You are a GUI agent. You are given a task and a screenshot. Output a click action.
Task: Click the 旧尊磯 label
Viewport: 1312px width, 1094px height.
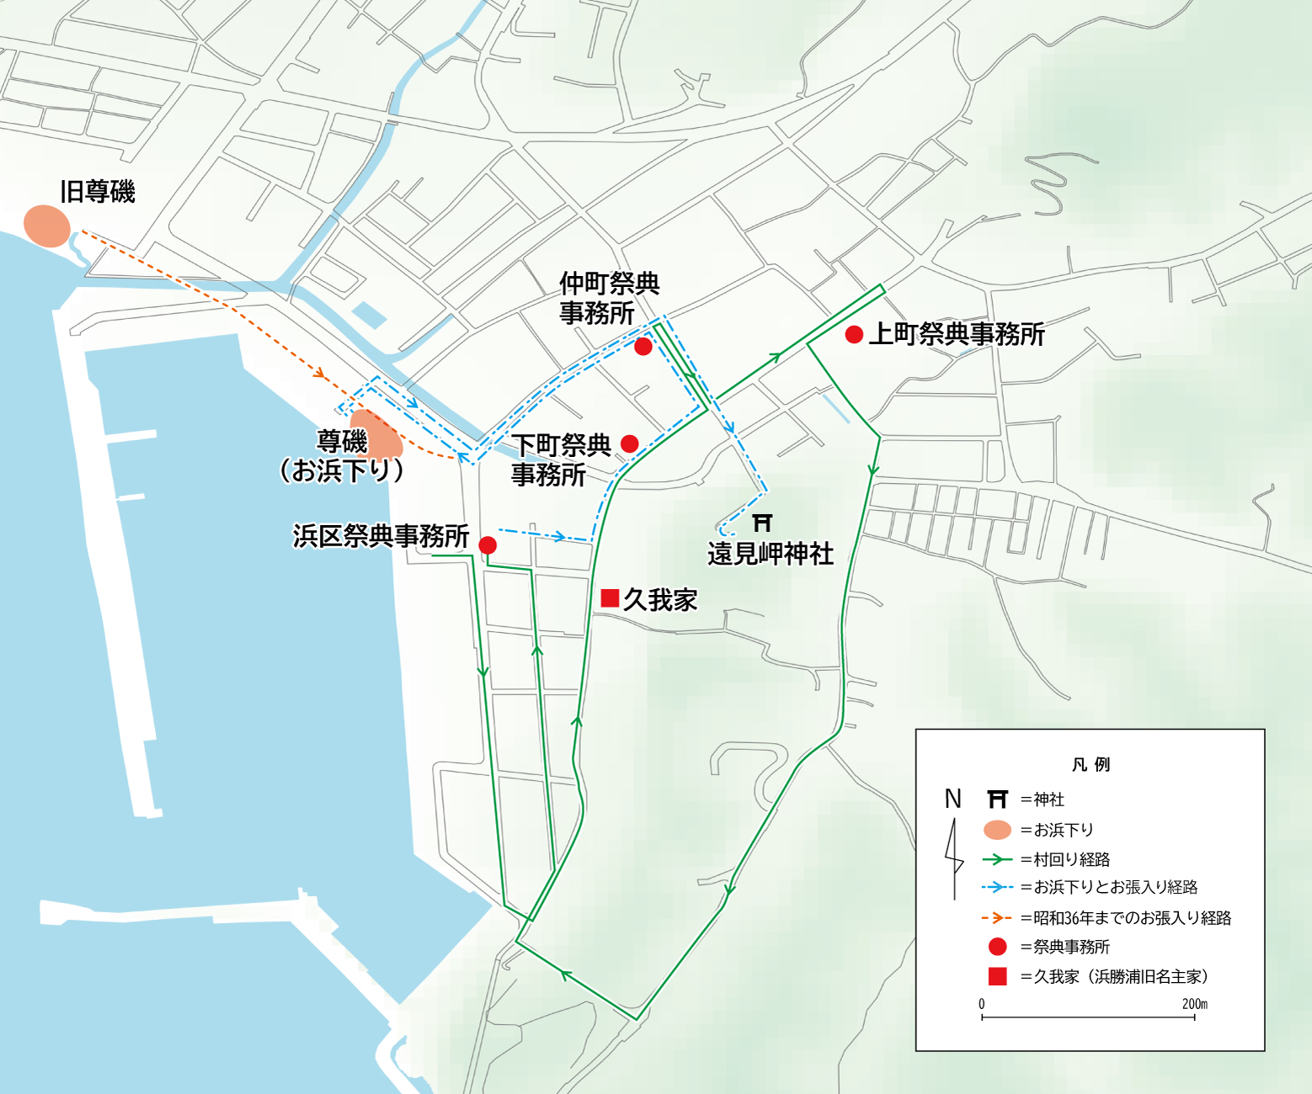[x=98, y=192]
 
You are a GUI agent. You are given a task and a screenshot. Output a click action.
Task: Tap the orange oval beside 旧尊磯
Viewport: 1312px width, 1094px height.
[x=46, y=226]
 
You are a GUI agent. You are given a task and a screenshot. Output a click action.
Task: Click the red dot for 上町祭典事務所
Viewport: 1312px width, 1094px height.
[x=854, y=335]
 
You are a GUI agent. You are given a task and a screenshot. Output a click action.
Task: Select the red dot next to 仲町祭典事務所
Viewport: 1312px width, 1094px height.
[x=643, y=347]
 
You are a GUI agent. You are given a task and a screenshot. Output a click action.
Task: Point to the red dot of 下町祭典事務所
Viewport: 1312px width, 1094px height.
[x=629, y=443]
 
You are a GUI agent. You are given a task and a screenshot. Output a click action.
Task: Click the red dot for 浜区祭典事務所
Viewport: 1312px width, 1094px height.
[x=487, y=545]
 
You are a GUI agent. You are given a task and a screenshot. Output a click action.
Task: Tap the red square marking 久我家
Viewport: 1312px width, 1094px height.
[x=610, y=598]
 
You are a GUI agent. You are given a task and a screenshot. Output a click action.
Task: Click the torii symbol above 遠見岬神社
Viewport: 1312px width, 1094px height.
[x=762, y=523]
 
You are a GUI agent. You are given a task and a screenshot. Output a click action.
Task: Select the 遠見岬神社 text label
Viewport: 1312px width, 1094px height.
[x=771, y=554]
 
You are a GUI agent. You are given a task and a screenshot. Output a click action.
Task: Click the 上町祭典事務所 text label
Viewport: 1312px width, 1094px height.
[x=957, y=334]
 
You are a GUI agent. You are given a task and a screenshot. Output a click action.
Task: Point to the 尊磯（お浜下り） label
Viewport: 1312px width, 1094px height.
[x=342, y=456]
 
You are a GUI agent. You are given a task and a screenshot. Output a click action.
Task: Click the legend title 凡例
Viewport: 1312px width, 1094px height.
[x=1091, y=764]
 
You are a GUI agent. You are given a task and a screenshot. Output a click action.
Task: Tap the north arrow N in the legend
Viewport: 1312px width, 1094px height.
[x=953, y=799]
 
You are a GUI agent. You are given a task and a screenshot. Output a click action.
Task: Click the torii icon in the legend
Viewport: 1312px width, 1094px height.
[x=997, y=799]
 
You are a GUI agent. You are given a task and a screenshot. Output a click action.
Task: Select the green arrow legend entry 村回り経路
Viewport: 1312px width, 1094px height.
[x=997, y=859]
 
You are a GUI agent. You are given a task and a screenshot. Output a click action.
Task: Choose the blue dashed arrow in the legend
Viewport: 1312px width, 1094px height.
[x=997, y=887]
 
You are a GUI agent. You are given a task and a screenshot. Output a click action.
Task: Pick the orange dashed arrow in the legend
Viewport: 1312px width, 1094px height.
[x=997, y=917]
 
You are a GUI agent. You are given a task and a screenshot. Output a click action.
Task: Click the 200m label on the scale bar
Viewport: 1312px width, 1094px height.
[x=1194, y=1004]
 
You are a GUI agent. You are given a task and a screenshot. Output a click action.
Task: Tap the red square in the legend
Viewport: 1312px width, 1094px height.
[x=997, y=976]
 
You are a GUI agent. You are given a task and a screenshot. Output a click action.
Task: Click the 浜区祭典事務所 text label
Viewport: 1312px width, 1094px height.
[x=381, y=536]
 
